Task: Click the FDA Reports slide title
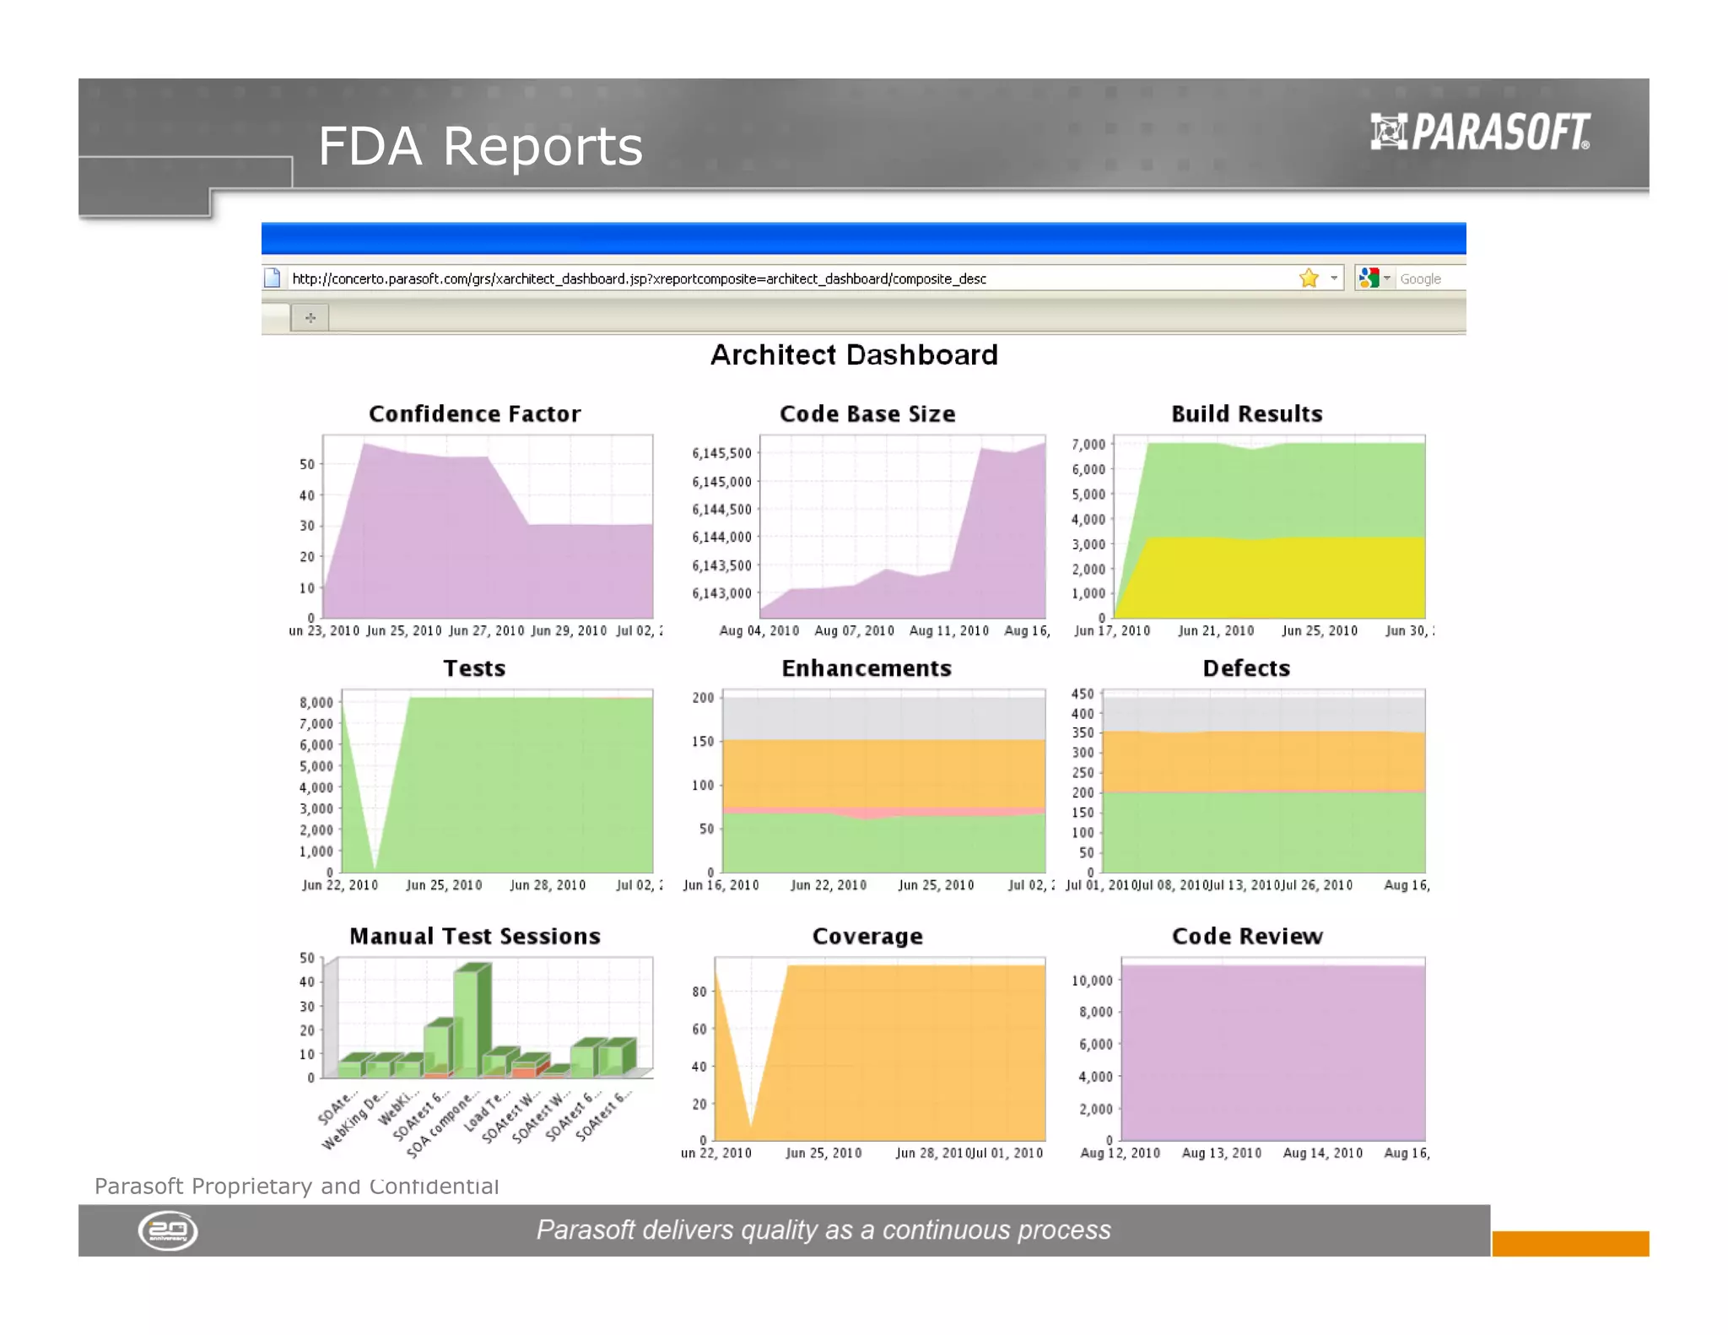[479, 146]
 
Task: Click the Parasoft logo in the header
[1480, 132]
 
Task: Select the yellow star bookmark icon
[1309, 278]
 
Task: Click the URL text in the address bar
[639, 278]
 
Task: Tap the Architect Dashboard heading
[854, 354]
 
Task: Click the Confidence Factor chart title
[474, 413]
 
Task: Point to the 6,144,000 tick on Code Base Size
[721, 537]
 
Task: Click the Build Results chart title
[1246, 413]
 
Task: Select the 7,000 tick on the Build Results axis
[1088, 444]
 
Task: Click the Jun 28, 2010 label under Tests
[547, 884]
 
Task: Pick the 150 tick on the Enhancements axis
[703, 741]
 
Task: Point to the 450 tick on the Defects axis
[1082, 694]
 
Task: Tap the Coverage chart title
[867, 936]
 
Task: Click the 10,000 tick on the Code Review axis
[1092, 980]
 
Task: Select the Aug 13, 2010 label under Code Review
[1221, 1153]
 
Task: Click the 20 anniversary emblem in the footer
[168, 1230]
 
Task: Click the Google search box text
[1420, 278]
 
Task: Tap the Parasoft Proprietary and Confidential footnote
[296, 1186]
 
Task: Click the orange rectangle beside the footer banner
[1569, 1243]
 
